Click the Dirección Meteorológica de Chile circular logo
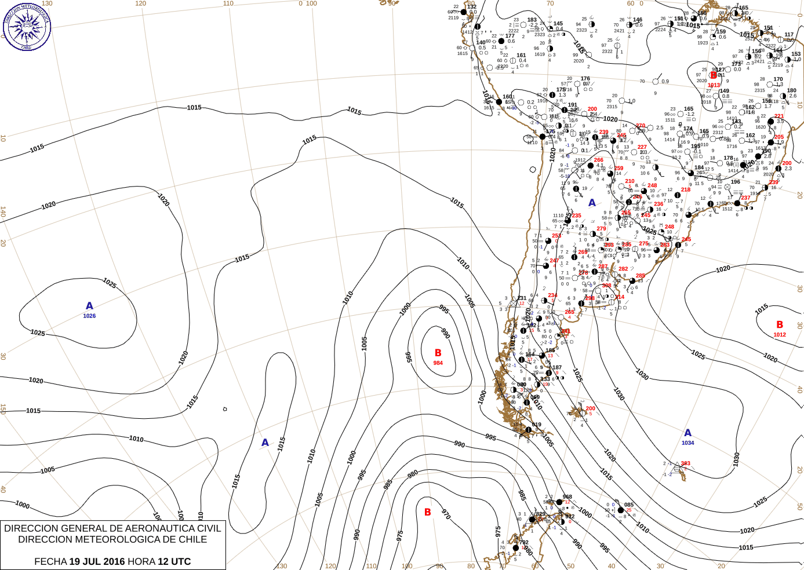[x=27, y=27]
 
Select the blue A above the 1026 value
[x=89, y=306]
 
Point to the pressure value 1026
[x=89, y=316]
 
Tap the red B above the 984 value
[x=438, y=353]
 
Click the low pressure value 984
[x=438, y=363]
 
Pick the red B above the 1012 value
[x=780, y=325]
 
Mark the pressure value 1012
[x=780, y=335]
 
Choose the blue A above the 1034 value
[x=688, y=433]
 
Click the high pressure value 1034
[x=688, y=443]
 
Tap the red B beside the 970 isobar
[x=428, y=512]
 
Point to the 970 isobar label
[x=446, y=514]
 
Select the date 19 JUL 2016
[x=97, y=561]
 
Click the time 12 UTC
[x=174, y=561]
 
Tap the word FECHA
[x=50, y=561]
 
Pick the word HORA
[x=141, y=561]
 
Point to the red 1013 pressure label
[x=714, y=85]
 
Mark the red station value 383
[x=686, y=463]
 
